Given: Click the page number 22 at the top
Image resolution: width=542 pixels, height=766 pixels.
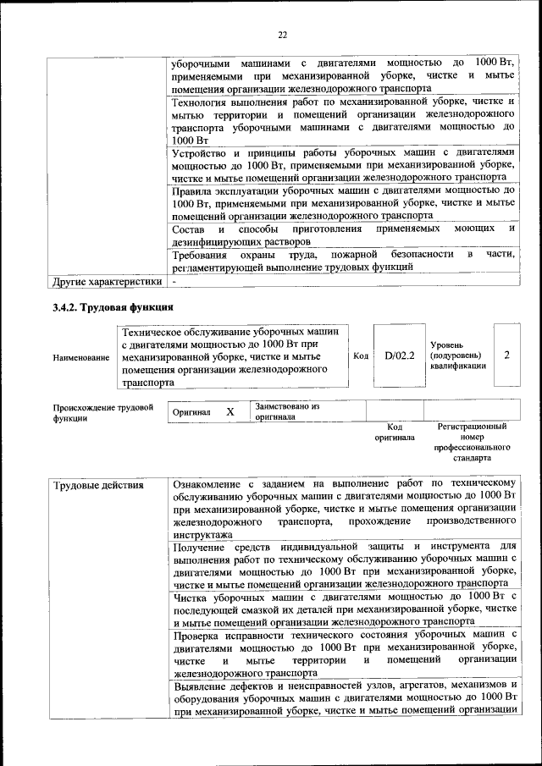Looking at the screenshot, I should click(282, 34).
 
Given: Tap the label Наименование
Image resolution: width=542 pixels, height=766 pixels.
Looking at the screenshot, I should click(80, 358).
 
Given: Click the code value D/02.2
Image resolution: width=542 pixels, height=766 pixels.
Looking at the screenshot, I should click(399, 356).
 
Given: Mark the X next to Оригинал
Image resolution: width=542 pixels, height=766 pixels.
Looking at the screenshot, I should click(230, 411).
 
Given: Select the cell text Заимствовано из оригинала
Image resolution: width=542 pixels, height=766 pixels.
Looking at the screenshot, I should click(286, 411).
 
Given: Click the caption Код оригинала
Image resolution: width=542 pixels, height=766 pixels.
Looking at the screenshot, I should click(394, 433).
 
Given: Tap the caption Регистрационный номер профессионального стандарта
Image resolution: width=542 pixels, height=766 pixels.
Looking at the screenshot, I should click(472, 442).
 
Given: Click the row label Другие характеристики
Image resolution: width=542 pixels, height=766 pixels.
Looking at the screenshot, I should click(106, 280).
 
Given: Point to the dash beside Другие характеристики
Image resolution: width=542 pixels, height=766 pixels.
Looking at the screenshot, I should click(174, 280).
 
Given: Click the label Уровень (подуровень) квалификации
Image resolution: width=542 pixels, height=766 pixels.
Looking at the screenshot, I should click(457, 356).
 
